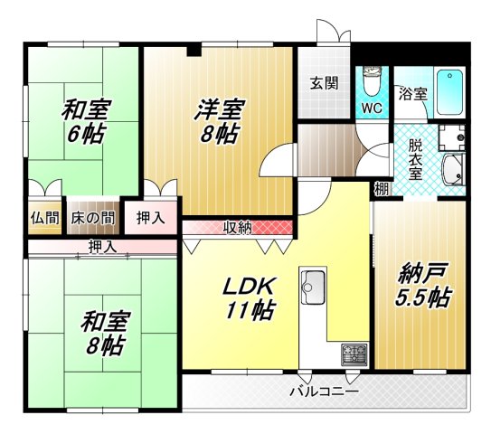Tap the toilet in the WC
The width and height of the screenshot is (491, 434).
(x=371, y=83)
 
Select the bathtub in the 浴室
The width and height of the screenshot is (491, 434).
(x=449, y=90)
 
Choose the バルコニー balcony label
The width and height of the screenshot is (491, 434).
(x=324, y=392)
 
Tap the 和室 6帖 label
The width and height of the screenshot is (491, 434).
(x=86, y=122)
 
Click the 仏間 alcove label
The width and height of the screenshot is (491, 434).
(x=44, y=218)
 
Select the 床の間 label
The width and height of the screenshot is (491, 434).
(x=93, y=218)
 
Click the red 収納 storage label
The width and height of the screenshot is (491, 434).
(x=238, y=227)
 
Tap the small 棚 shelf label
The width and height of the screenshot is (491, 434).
(x=382, y=190)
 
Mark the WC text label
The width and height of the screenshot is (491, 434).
(x=373, y=108)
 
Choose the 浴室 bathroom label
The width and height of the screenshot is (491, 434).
(x=415, y=94)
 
